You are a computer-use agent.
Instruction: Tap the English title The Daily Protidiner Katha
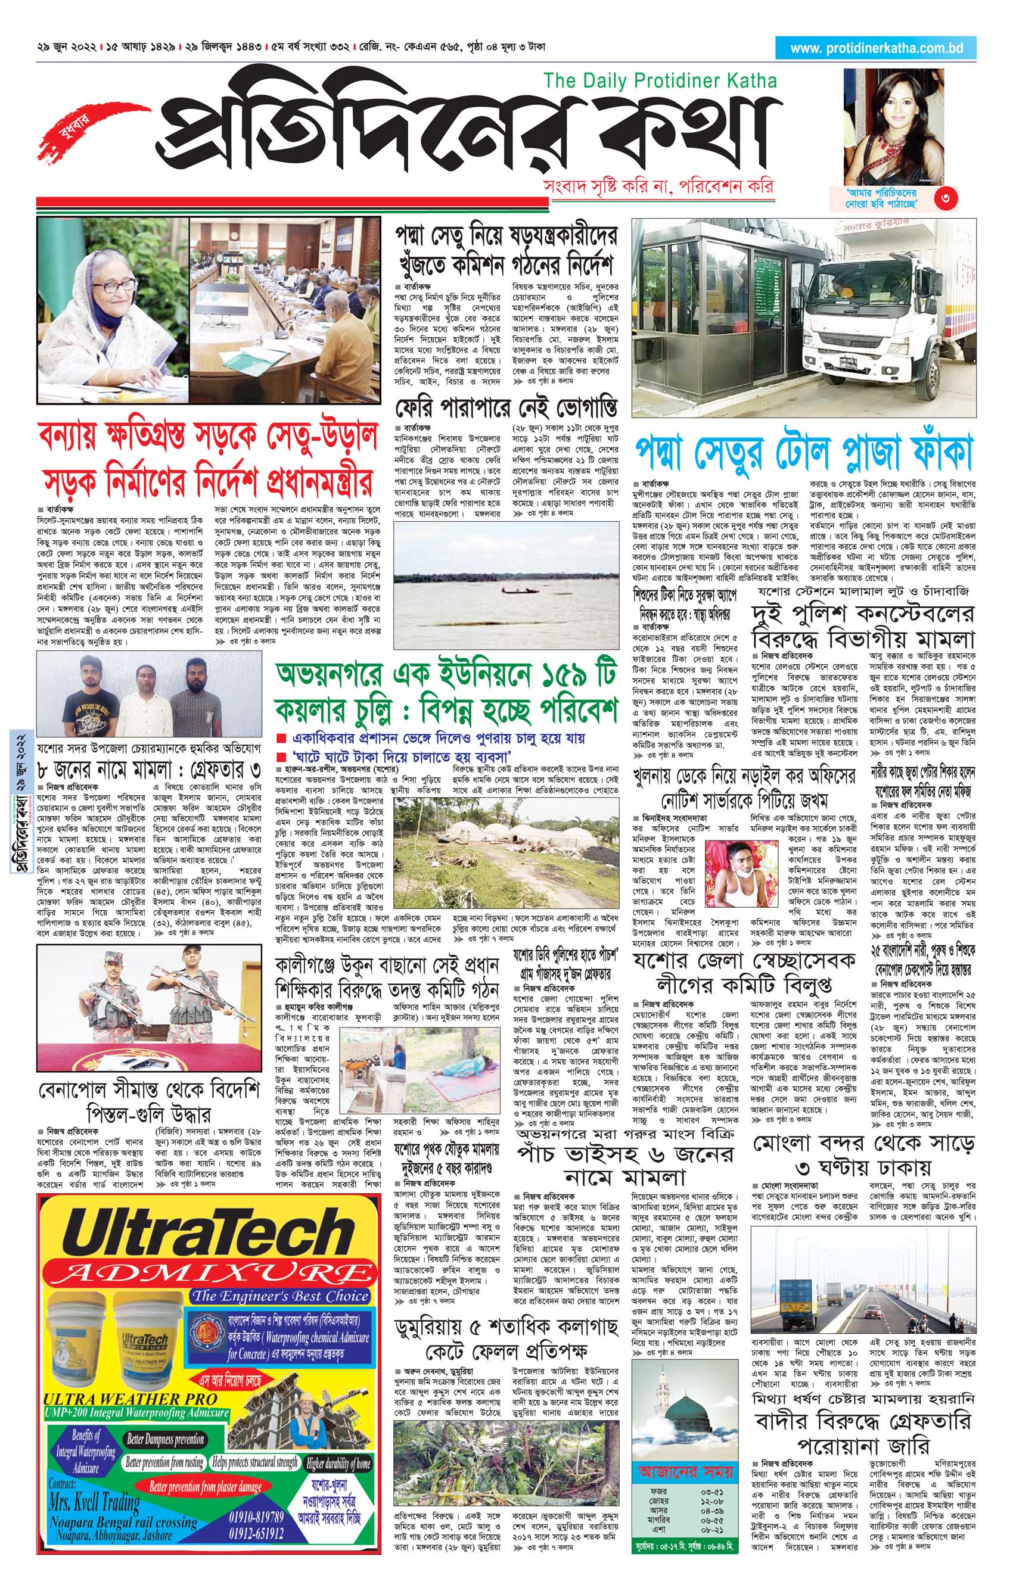pos(660,80)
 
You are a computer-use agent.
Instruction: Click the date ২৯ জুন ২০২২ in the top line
pos(67,48)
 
